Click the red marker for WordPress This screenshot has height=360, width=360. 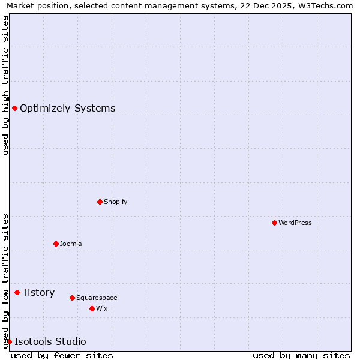click(x=274, y=223)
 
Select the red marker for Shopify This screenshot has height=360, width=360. click(x=100, y=202)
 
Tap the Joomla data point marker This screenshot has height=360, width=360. click(x=56, y=244)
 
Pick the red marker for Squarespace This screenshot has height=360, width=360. click(x=72, y=298)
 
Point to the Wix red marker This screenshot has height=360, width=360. click(x=92, y=308)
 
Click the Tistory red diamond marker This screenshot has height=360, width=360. click(x=17, y=292)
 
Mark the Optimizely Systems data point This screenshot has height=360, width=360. click(x=14, y=108)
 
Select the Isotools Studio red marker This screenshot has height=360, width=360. click(x=9, y=341)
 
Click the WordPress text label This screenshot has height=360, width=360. click(x=295, y=223)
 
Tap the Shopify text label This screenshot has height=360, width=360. click(x=116, y=202)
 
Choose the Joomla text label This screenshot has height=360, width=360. click(x=71, y=244)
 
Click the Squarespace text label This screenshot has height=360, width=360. click(x=97, y=298)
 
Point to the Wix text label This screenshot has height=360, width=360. click(x=102, y=308)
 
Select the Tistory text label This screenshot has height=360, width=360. click(x=38, y=292)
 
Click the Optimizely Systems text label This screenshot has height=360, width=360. click(x=67, y=108)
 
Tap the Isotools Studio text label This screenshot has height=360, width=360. click(x=50, y=341)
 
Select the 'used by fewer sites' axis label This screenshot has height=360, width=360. click(x=62, y=355)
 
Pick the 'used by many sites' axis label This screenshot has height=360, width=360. click(x=301, y=355)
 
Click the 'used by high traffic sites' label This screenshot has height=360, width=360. click(x=6, y=85)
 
